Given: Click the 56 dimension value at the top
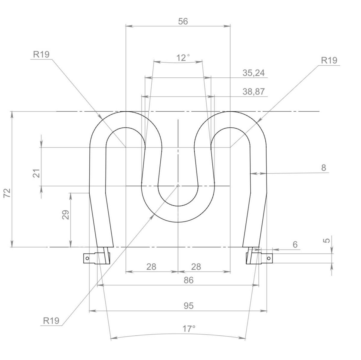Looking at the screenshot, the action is pos(183,21).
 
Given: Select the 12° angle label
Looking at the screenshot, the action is pos(183,58).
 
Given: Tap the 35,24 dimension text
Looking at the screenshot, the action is pos(254,73).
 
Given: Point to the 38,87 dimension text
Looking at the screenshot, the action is pos(254,92).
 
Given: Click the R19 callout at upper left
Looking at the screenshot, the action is pos(41,54).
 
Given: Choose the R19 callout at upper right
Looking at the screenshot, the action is pos(329,61).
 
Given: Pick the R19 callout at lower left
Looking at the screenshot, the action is pos(51,321).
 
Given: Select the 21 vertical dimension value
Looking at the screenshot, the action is pos(37,173).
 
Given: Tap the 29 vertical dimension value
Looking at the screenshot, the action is pos(66,215).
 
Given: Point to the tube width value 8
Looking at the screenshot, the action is pos(323,168).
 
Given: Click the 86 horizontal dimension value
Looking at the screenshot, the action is pos(188,280).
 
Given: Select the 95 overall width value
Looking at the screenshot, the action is pos(188,306).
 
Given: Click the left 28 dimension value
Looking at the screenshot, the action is pos(151,267).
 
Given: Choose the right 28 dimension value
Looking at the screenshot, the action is pos(196,267).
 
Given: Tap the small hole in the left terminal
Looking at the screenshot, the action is pos(87,258).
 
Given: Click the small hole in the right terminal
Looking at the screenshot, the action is pos(269,258).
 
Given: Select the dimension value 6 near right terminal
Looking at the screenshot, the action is pos(295,244).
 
